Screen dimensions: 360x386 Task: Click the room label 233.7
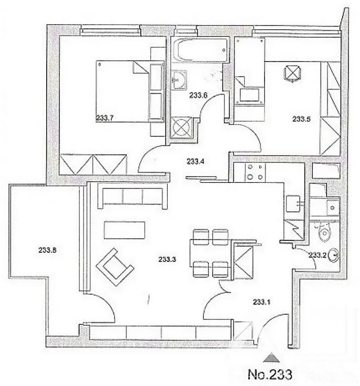pos(104,119)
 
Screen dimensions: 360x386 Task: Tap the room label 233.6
pos(199,95)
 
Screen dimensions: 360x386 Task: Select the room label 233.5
pos(301,119)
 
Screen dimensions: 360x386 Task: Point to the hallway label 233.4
pos(195,162)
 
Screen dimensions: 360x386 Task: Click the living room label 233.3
pos(167,259)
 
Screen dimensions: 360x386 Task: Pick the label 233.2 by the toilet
pos(318,255)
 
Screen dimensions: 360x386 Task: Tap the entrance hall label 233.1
pos(262,302)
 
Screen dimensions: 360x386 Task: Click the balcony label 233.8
pos(47,250)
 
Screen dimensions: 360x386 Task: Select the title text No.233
pos(270,374)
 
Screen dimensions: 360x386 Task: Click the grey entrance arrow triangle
pos(271,358)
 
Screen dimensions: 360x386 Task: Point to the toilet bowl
pos(324,232)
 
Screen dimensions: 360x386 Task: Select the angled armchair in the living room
pos(115,267)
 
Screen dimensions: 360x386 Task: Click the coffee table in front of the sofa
pos(124,230)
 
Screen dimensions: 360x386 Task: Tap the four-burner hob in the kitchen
pos(255,172)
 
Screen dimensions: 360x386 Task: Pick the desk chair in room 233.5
pos(292,73)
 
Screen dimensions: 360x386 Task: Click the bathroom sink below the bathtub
pos(179,80)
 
